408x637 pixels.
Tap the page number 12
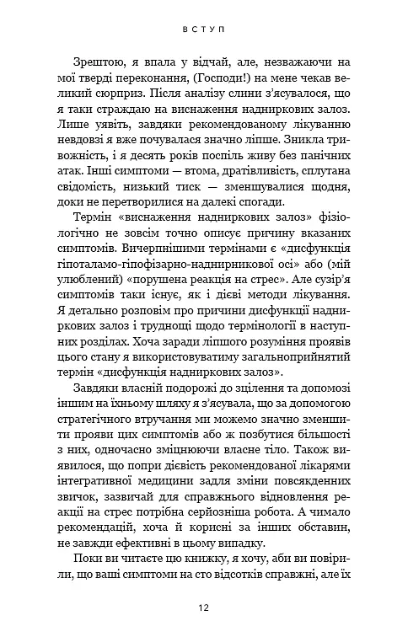point(203,608)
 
